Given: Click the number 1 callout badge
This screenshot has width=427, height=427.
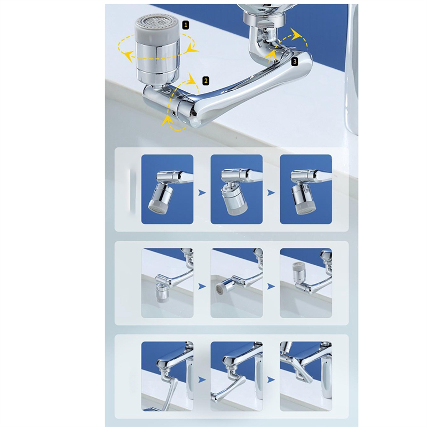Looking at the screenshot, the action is [186, 25].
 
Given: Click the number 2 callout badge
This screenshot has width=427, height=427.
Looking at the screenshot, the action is [206, 81].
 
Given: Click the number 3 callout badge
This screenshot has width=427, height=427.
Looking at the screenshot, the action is [295, 61].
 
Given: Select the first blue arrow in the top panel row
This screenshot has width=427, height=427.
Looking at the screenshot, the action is [202, 193].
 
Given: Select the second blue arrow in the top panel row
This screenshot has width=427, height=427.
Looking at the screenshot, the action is [271, 193].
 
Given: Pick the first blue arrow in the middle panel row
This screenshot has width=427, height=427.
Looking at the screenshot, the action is [202, 286].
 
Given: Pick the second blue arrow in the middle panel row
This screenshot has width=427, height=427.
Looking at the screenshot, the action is [271, 286].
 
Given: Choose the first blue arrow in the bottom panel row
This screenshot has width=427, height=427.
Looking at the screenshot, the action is [202, 379].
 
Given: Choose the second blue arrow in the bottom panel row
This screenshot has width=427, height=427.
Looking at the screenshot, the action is [271, 379].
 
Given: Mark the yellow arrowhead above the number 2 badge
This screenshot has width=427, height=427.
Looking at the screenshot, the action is [193, 78].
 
